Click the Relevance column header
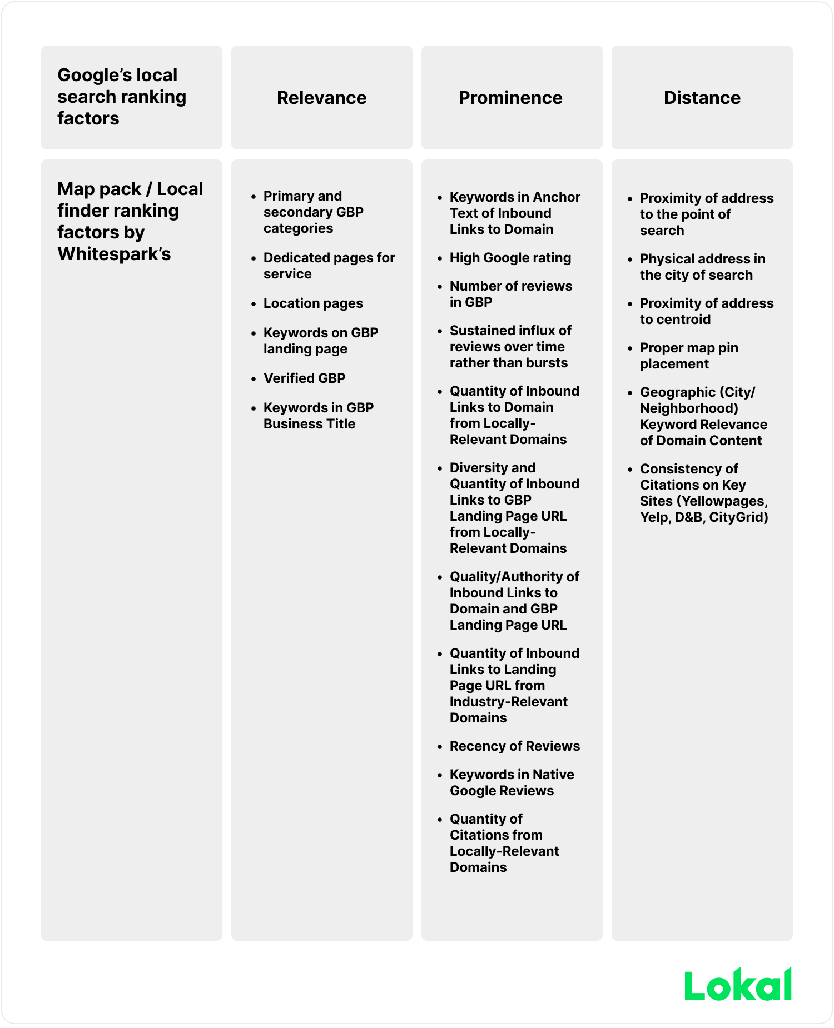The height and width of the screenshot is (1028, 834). [321, 98]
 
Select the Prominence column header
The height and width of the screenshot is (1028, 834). [510, 98]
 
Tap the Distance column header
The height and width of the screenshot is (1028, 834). [702, 98]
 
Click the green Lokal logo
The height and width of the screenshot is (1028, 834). [738, 985]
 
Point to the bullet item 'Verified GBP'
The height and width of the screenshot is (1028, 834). [304, 378]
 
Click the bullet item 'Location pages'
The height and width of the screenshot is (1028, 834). [313, 303]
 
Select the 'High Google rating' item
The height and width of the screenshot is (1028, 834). [510, 258]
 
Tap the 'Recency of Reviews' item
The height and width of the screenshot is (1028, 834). [514, 746]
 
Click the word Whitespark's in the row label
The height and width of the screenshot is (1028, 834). [114, 254]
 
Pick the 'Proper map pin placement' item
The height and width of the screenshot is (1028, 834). [689, 356]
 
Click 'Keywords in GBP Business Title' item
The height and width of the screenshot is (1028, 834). [318, 416]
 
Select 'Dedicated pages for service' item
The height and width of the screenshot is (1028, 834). [329, 266]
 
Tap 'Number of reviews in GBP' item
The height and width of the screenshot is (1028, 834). [510, 294]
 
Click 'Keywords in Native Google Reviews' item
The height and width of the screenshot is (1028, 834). [512, 782]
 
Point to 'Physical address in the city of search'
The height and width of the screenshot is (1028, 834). [702, 267]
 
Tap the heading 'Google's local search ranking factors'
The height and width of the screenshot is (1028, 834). [121, 97]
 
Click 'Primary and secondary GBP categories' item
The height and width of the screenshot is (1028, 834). [313, 212]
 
